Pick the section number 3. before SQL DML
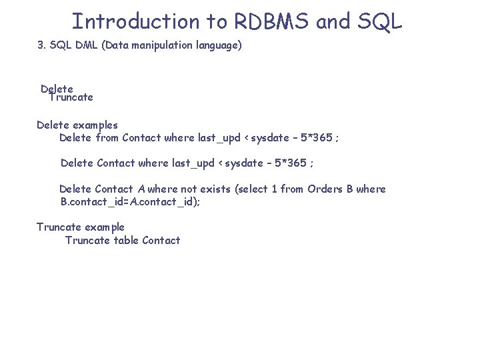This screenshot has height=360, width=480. (41, 47)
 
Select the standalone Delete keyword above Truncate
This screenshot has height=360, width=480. (57, 89)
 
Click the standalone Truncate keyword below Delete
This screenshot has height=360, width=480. (71, 97)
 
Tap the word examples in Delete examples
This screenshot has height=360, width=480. (95, 125)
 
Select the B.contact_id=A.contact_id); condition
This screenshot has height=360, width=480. (130, 201)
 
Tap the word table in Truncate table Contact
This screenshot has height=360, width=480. (126, 241)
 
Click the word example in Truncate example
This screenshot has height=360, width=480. (103, 227)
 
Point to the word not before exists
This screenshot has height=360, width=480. (189, 189)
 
